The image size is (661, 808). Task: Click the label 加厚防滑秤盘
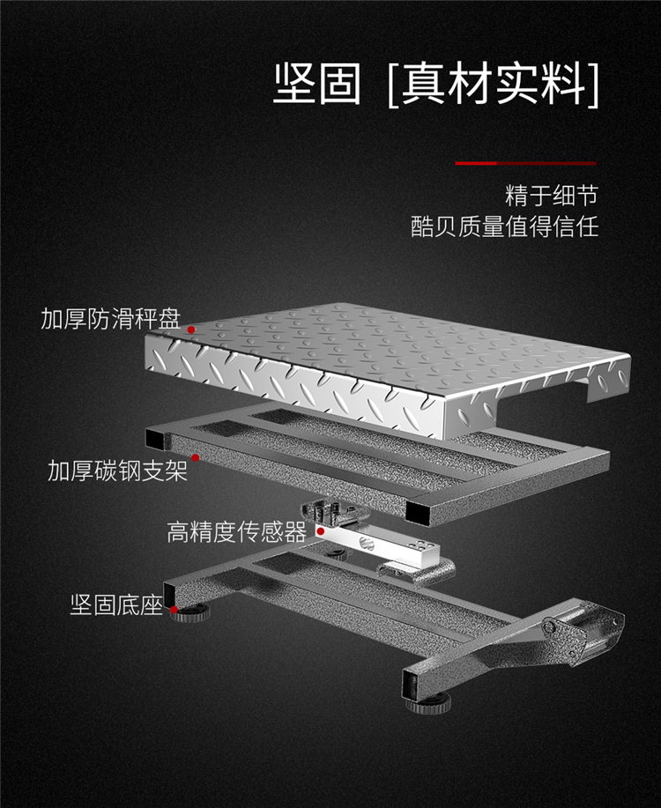(x=111, y=318)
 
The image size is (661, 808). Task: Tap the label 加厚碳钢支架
(x=117, y=471)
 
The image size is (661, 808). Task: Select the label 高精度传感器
(x=237, y=532)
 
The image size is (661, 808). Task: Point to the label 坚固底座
(x=116, y=604)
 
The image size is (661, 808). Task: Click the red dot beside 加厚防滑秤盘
(x=190, y=330)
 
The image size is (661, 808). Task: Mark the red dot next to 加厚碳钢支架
(x=196, y=457)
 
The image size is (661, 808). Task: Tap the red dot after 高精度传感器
(x=321, y=531)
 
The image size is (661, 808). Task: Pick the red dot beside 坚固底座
(x=175, y=610)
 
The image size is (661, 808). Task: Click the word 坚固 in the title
(x=317, y=84)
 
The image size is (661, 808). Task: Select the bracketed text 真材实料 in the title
(x=494, y=84)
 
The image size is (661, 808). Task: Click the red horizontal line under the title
(x=525, y=163)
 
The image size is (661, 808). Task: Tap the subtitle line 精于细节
(x=552, y=196)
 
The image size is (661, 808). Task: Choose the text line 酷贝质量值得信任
(x=505, y=226)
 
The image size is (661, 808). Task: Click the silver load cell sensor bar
(x=380, y=546)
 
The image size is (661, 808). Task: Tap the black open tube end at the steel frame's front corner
(x=418, y=513)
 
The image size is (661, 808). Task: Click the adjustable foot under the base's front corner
(x=428, y=704)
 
